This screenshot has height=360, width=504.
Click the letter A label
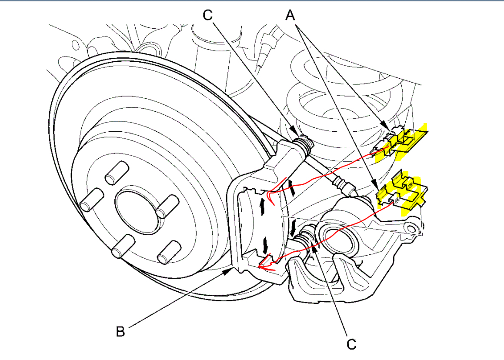290,16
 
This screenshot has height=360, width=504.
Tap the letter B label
120,332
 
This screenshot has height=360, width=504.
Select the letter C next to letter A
208,15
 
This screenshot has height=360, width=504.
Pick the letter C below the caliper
351,344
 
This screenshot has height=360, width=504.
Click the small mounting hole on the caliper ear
411,226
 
